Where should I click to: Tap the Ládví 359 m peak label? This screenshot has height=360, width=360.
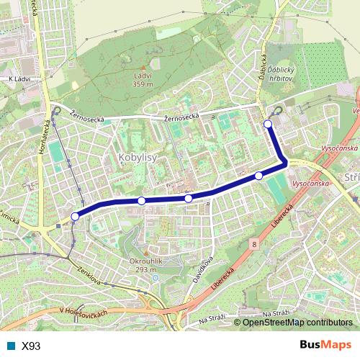[x=143, y=79]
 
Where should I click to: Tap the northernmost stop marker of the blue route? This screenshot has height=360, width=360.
[x=268, y=125]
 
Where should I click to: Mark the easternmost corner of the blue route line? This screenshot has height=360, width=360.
[x=286, y=163]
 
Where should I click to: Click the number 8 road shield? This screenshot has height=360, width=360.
[x=253, y=246]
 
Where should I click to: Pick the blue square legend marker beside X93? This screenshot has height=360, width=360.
[x=10, y=346]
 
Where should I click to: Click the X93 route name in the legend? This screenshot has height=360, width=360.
[x=31, y=346]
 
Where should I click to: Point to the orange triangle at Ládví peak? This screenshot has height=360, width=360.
[x=143, y=67]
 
